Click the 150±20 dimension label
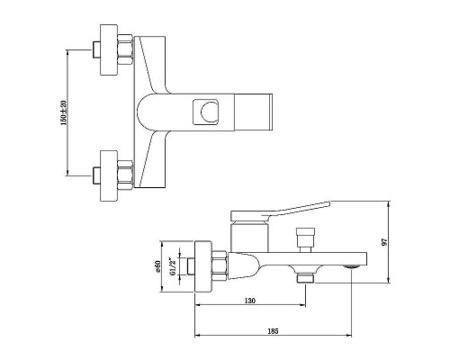[x=64, y=112]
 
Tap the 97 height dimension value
[x=385, y=242]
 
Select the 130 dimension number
[x=250, y=301]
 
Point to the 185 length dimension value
[x=273, y=331]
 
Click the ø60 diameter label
[x=157, y=266]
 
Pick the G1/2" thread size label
[x=172, y=266]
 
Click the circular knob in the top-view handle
[x=209, y=112]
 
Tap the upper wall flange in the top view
[x=108, y=49]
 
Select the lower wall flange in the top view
[x=108, y=175]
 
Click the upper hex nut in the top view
[x=125, y=49]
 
